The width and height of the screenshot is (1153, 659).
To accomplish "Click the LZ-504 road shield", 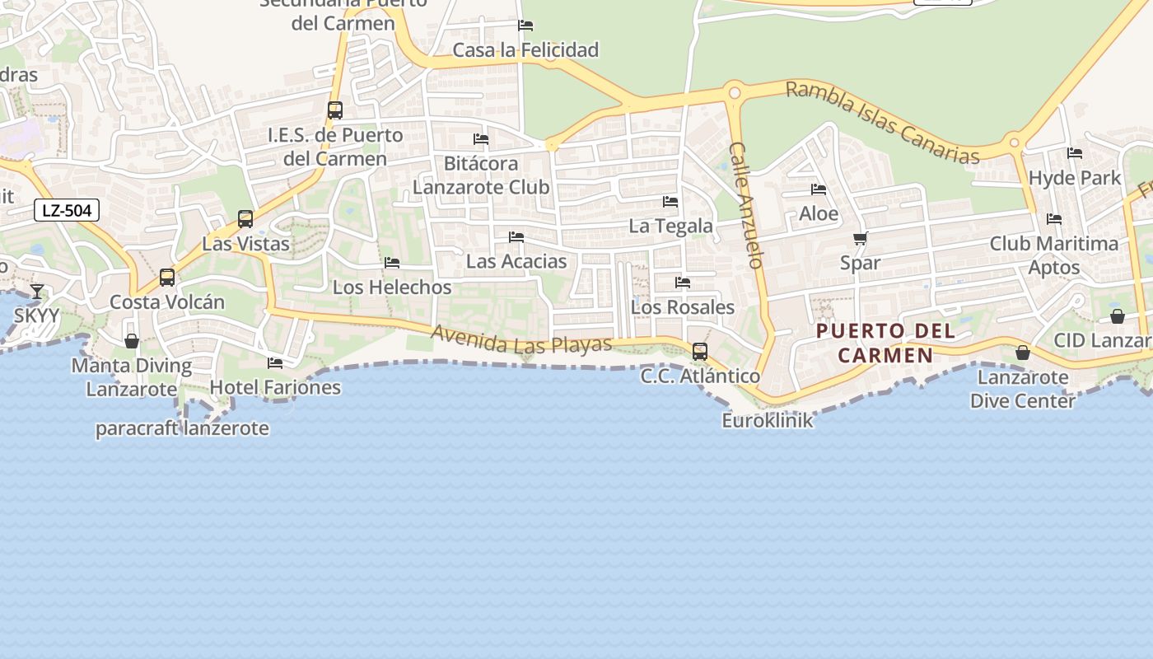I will [x=67, y=211].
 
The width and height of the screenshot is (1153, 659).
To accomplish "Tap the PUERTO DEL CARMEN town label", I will [x=885, y=344].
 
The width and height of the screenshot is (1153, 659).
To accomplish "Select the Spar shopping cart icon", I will [x=861, y=239].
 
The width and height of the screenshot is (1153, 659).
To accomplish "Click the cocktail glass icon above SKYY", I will [x=37, y=291].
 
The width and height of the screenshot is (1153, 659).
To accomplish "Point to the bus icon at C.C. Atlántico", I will [x=700, y=352].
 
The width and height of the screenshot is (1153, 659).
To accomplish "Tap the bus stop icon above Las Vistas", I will [x=245, y=219].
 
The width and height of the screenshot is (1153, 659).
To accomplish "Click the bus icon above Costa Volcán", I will [x=167, y=278].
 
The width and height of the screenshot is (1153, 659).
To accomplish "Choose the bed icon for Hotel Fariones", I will [x=275, y=362].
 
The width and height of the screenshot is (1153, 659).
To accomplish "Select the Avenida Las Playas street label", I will [x=521, y=339].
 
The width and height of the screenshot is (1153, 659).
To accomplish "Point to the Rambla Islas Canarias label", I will [x=882, y=123].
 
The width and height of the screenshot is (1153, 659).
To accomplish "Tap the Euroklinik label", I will [x=768, y=420].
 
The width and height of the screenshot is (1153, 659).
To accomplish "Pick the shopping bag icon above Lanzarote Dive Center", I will [x=1023, y=353].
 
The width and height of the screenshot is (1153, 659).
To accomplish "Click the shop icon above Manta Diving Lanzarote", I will [x=132, y=341].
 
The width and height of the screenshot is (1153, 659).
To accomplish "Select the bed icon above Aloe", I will [x=819, y=189].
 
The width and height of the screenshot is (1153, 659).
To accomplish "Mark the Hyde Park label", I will [x=1075, y=178].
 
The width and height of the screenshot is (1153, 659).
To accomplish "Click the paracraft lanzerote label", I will [x=182, y=428].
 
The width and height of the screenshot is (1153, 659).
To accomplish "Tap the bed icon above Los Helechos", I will [x=392, y=263].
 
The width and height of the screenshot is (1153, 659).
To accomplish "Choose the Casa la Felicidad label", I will [x=525, y=50].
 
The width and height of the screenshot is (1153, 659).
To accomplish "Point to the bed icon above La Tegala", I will [x=670, y=201].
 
